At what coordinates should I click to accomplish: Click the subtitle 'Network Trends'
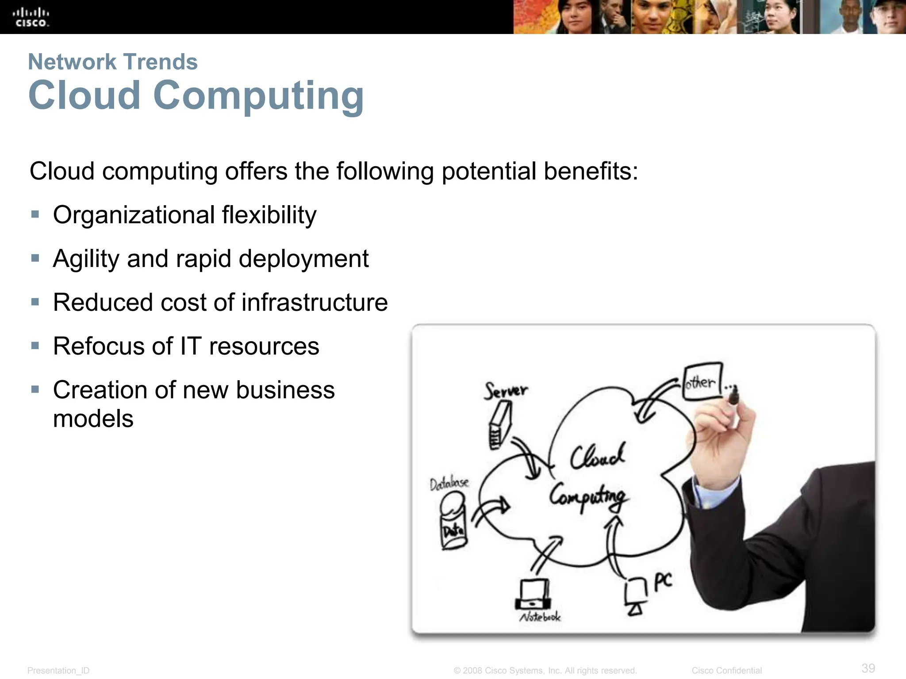click(x=113, y=62)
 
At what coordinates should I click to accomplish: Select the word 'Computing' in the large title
click(x=258, y=96)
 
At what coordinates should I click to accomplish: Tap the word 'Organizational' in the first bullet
click(x=134, y=215)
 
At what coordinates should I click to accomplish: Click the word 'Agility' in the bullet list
click(x=86, y=259)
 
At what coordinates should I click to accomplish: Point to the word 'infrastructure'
click(x=315, y=303)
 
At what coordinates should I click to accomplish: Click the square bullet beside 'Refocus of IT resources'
click(x=35, y=346)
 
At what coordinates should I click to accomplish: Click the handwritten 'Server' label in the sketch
click(x=506, y=391)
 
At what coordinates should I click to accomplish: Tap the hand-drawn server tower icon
click(x=500, y=427)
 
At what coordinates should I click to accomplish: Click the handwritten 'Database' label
click(x=449, y=483)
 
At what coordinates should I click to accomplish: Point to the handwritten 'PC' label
click(x=663, y=582)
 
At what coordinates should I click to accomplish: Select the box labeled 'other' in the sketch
click(x=702, y=381)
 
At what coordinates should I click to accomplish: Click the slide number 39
click(x=868, y=668)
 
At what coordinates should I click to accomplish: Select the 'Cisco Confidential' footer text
click(x=726, y=671)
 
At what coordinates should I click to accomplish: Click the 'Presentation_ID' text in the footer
click(x=58, y=671)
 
